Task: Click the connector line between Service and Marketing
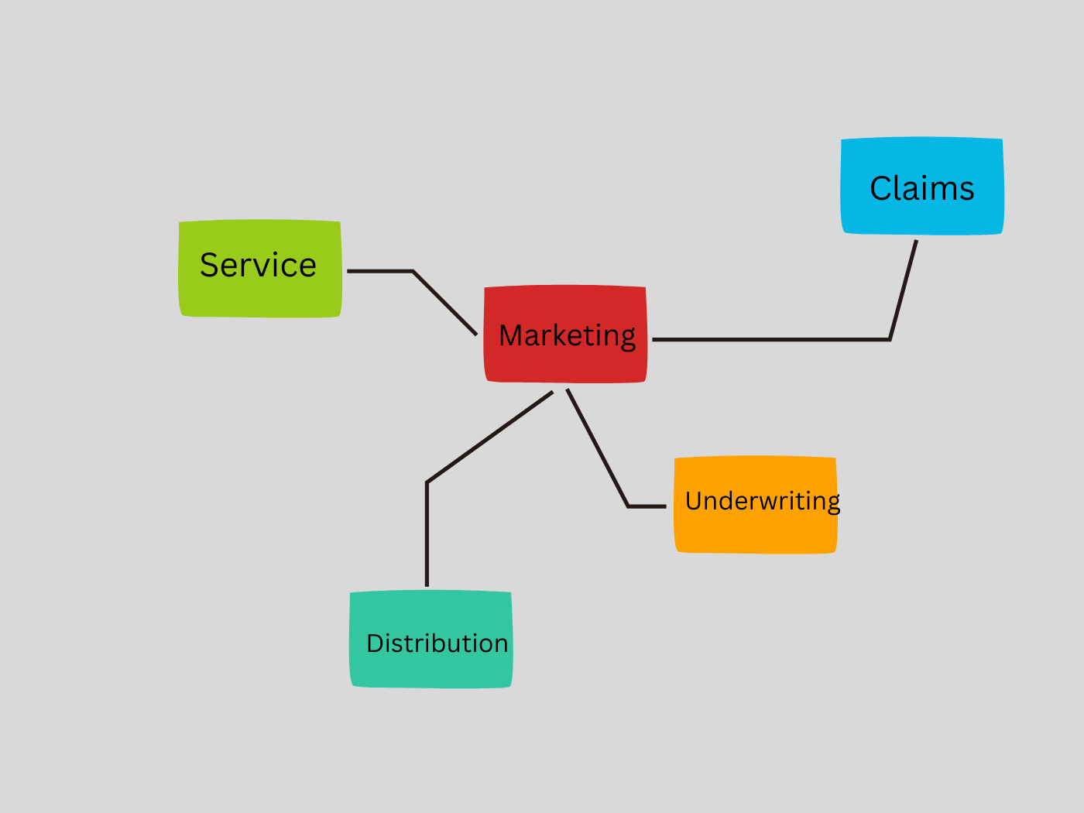(445, 303)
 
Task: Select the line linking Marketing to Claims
(774, 339)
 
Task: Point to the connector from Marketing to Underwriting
(597, 448)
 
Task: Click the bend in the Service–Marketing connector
(413, 272)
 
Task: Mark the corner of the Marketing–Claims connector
(890, 339)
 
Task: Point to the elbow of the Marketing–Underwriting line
(628, 506)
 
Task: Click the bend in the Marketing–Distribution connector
(427, 482)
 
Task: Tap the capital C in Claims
(881, 188)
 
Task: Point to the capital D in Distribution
(376, 643)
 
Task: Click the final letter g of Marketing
(628, 338)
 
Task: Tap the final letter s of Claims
(966, 190)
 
